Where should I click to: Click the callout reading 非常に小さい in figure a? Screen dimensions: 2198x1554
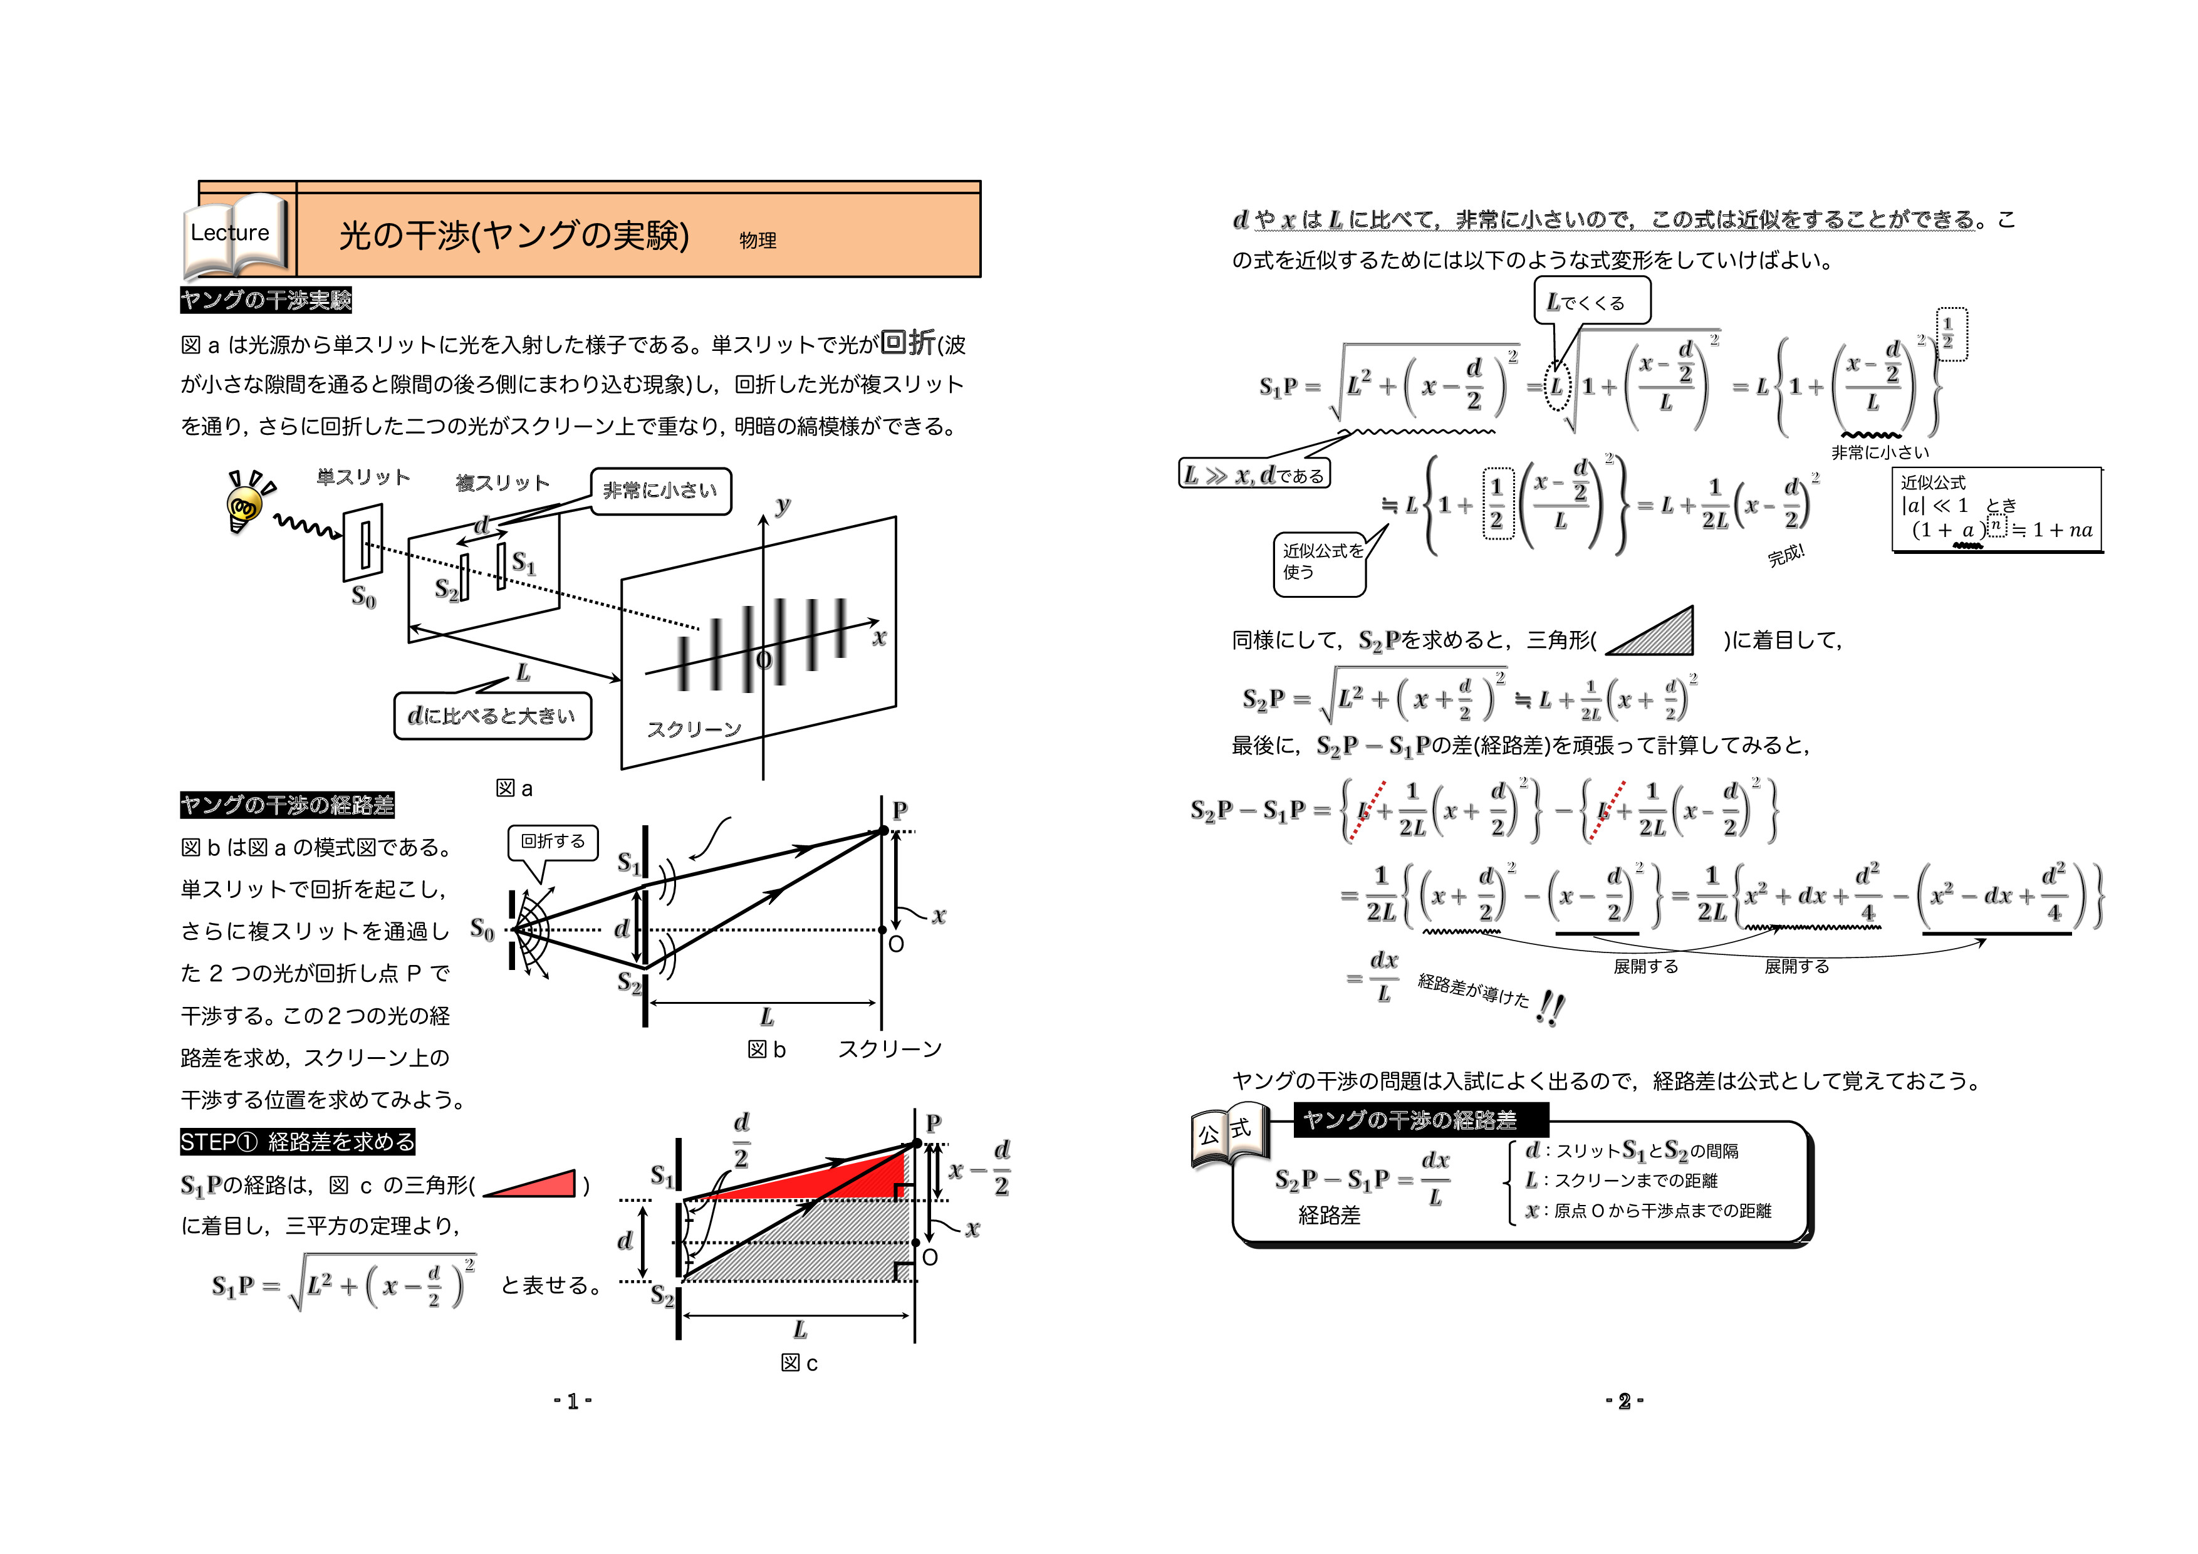(660, 491)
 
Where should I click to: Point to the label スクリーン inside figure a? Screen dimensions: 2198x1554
(694, 729)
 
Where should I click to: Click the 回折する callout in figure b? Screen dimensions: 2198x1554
(553, 842)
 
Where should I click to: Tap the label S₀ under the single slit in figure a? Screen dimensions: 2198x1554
(364, 597)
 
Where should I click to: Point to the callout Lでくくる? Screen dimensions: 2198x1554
(1592, 301)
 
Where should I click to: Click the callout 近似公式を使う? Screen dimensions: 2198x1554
(1319, 562)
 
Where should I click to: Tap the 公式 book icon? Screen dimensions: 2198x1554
(1229, 1139)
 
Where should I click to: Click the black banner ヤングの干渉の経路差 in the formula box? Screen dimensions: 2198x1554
(1420, 1120)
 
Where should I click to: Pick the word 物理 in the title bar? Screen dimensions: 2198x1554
(758, 241)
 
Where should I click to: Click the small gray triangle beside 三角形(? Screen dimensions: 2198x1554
(1650, 632)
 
